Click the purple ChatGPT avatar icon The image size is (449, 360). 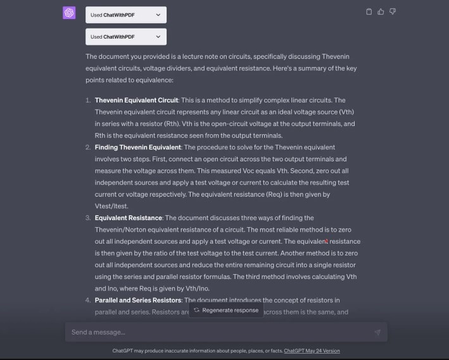click(69, 13)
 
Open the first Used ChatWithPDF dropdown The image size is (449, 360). click(126, 15)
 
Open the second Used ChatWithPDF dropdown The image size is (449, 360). click(126, 37)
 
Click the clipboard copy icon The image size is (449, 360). click(369, 11)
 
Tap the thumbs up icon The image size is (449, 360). click(381, 11)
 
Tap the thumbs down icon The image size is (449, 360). click(393, 11)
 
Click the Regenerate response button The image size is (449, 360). click(226, 310)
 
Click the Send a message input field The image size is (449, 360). click(215, 332)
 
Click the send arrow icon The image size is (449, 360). click(377, 332)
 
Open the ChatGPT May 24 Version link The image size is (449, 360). click(312, 351)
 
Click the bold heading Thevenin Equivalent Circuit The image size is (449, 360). click(136, 100)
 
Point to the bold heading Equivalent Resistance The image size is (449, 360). click(129, 218)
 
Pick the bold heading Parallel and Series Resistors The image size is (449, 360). click(138, 300)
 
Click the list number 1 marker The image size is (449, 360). click(88, 100)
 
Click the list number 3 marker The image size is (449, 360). click(88, 218)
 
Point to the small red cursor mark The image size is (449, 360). click(326, 241)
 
